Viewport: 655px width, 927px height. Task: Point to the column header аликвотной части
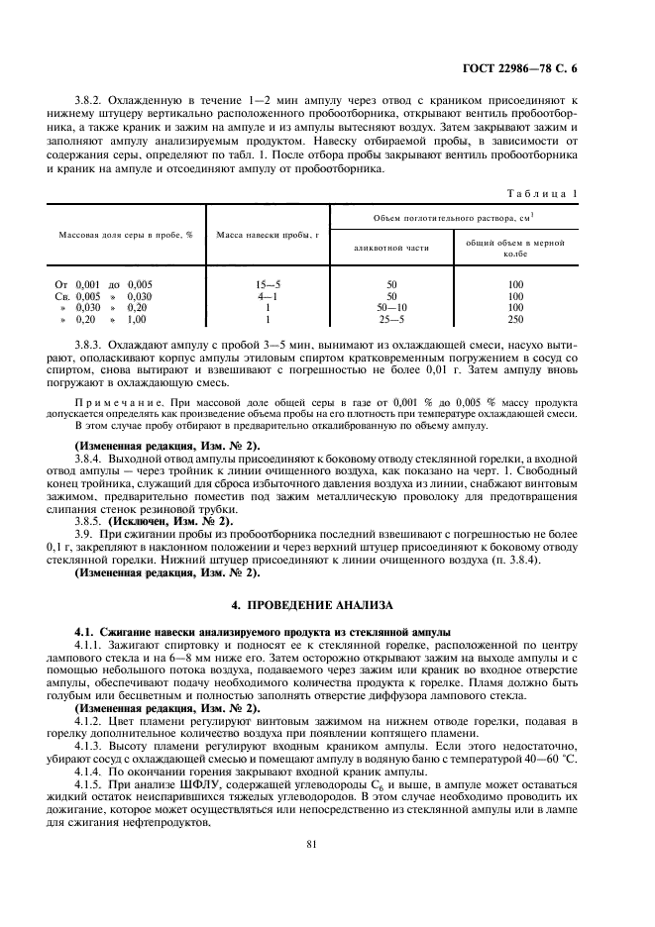pyautogui.click(x=391, y=248)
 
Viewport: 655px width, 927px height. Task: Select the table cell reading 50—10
pyautogui.click(x=391, y=307)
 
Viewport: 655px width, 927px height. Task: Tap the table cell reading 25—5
pyautogui.click(x=391, y=319)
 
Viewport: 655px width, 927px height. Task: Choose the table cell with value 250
pyautogui.click(x=515, y=319)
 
